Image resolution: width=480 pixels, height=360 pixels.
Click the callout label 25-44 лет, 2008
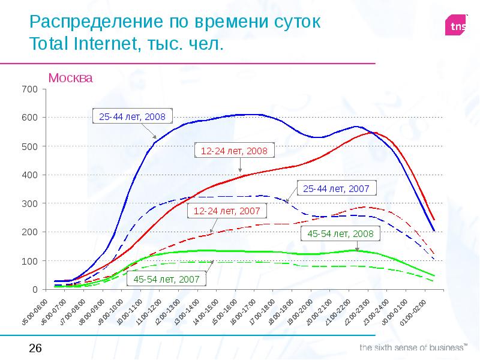point(132,116)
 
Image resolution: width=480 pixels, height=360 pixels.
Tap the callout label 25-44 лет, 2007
point(339,188)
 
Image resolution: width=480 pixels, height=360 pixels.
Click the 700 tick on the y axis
point(30,89)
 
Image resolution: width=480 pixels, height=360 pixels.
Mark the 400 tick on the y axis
point(30,175)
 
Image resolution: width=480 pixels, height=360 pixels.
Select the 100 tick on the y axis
point(30,261)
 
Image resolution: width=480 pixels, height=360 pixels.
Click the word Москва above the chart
point(71,78)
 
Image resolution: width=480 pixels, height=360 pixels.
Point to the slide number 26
point(35,348)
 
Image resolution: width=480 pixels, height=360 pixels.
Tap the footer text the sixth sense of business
point(413,347)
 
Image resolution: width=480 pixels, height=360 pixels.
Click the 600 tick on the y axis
point(30,118)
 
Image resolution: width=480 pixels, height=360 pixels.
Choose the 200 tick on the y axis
point(30,232)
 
